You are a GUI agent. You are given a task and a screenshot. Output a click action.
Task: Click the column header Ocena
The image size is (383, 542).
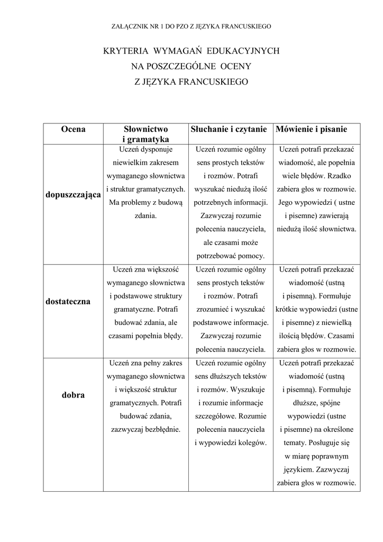(x=73, y=129)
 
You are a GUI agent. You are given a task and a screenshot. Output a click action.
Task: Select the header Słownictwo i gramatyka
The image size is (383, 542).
(x=145, y=134)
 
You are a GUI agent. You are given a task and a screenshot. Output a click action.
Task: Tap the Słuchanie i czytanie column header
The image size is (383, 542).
(x=230, y=129)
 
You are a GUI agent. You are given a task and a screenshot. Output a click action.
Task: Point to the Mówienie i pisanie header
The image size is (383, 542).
(x=311, y=129)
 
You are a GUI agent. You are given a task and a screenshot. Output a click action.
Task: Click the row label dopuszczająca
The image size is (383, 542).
(x=73, y=195)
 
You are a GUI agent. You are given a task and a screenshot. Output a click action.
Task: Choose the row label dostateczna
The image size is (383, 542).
(x=68, y=301)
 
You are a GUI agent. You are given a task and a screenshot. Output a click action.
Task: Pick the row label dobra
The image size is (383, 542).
(x=73, y=395)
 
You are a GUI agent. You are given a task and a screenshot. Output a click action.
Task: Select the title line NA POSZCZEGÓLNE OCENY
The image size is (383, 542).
(x=191, y=67)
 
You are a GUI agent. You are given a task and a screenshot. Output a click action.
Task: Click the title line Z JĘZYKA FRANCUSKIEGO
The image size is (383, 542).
(x=191, y=82)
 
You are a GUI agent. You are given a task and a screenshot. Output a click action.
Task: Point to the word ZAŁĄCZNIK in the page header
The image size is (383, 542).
(x=130, y=25)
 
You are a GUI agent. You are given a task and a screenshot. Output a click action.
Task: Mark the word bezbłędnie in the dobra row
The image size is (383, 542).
(x=162, y=429)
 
